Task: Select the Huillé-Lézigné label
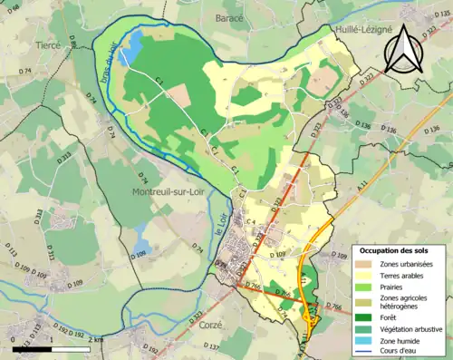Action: (x=364, y=29)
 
